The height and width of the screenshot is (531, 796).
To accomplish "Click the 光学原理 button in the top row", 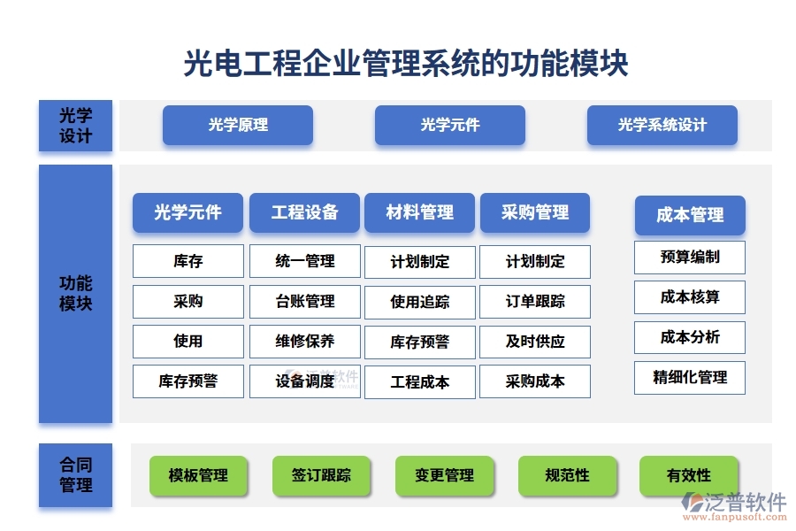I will pyautogui.click(x=238, y=125).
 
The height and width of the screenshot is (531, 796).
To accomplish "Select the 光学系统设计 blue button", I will pyautogui.click(x=662, y=125).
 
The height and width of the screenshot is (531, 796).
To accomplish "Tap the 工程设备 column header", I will pyautogui.click(x=304, y=212).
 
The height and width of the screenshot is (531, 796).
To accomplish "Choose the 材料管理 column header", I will pyautogui.click(x=419, y=212).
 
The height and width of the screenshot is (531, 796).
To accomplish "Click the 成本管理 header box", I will pyautogui.click(x=690, y=215).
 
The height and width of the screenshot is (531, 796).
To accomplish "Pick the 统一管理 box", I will pyautogui.click(x=305, y=261).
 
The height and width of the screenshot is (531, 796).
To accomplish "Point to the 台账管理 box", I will pyautogui.click(x=305, y=301).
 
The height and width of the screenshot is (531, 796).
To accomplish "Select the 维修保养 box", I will pyautogui.click(x=305, y=341).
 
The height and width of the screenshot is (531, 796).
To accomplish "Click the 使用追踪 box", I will pyautogui.click(x=420, y=302).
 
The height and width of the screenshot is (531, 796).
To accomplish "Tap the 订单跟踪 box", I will pyautogui.click(x=535, y=302).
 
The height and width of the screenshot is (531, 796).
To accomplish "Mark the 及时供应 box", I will pyautogui.click(x=535, y=342).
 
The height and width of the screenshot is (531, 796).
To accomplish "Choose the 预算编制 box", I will pyautogui.click(x=690, y=258).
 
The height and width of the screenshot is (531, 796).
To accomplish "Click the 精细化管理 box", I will pyautogui.click(x=690, y=377).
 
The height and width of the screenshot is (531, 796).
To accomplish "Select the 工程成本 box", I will pyautogui.click(x=420, y=382).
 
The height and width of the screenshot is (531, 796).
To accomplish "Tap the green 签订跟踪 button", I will pyautogui.click(x=321, y=475).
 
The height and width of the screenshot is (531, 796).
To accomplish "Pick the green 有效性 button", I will pyautogui.click(x=689, y=475).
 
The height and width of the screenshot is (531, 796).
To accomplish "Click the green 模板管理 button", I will pyautogui.click(x=198, y=475).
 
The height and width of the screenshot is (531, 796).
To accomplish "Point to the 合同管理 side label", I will pyautogui.click(x=75, y=475).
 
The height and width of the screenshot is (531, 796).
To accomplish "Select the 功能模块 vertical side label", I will pyautogui.click(x=75, y=294).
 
